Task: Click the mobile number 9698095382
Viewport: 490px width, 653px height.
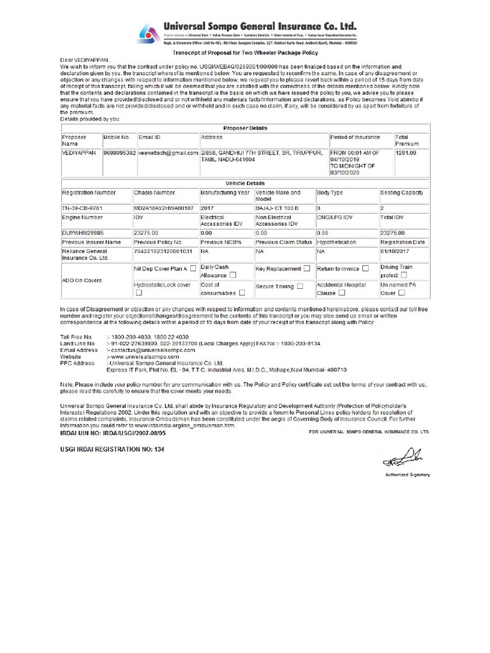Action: [x=119, y=154]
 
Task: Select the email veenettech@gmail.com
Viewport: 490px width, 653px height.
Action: [x=167, y=154]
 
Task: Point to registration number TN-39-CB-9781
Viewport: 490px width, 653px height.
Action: [x=82, y=208]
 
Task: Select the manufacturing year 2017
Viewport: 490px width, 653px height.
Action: [x=209, y=208]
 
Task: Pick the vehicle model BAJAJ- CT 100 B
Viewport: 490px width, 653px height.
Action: [x=278, y=208]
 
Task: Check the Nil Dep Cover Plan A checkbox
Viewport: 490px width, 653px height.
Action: [x=193, y=269]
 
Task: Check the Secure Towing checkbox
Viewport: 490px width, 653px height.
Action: [x=300, y=287]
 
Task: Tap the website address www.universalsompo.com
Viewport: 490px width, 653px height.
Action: [x=141, y=357]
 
